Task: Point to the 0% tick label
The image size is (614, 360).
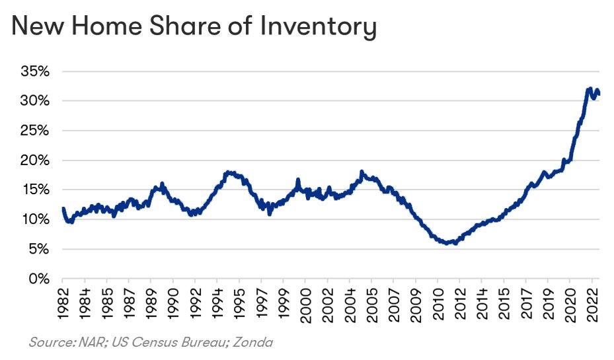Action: (x=42, y=279)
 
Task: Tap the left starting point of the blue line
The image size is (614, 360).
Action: (x=63, y=209)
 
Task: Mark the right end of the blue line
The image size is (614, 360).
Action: (x=598, y=93)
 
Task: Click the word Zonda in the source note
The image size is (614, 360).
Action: (x=254, y=342)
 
